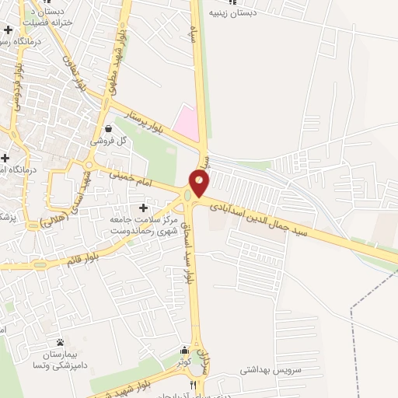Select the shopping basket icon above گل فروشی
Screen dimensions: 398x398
(x=107, y=128)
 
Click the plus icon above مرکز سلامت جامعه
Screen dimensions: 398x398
(x=143, y=208)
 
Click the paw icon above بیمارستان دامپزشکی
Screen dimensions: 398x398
(x=60, y=343)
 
